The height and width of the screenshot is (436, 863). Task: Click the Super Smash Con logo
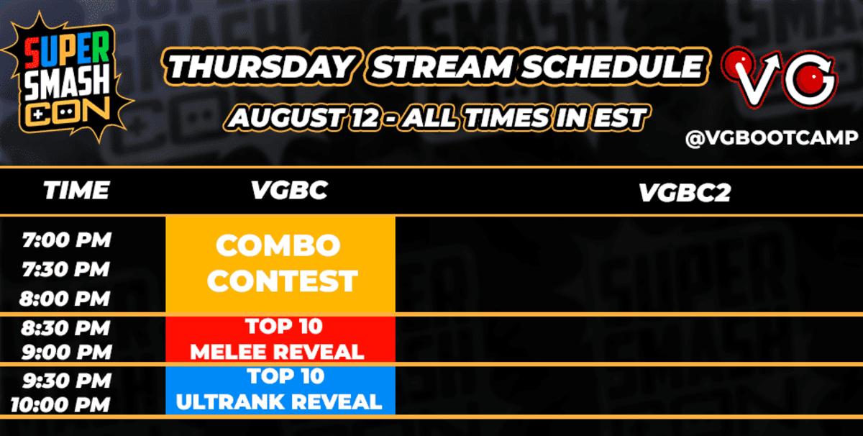tap(68, 77)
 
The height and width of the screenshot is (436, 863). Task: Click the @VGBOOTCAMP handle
tap(772, 138)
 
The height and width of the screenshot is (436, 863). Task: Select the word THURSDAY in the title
tap(261, 66)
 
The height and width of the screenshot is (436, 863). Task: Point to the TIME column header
tap(76, 190)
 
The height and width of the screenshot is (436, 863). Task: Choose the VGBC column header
tap(289, 190)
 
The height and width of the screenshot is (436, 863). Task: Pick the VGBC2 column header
tap(685, 192)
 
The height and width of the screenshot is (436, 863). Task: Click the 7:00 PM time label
tap(67, 240)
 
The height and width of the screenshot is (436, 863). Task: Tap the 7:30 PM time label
tap(66, 269)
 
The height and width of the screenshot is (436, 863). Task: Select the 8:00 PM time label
tap(65, 299)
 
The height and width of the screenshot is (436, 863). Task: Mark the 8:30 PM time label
tap(65, 328)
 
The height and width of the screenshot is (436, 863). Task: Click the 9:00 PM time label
tap(67, 352)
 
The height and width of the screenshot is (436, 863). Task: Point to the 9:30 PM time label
tap(67, 381)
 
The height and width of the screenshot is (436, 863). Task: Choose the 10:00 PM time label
tap(60, 405)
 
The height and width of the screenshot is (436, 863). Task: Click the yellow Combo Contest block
tap(280, 264)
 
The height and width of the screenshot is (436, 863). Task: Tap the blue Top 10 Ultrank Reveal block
tap(280, 390)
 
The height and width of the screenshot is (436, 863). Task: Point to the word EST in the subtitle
tap(620, 117)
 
